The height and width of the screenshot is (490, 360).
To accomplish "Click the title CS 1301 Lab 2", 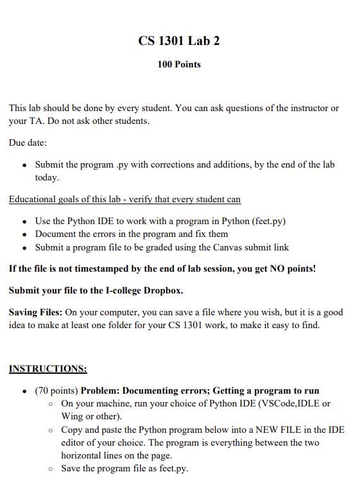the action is pyautogui.click(x=179, y=41).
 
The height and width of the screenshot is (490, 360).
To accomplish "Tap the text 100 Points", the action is pyautogui.click(x=179, y=64).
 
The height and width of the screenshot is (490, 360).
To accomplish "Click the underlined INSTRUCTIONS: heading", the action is pyautogui.click(x=48, y=369).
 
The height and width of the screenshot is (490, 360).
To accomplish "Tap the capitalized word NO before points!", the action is pyautogui.click(x=264, y=268).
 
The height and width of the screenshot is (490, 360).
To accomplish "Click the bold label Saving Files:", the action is pyautogui.click(x=35, y=312).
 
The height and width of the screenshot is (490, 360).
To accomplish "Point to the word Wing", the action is pyautogui.click(x=72, y=416).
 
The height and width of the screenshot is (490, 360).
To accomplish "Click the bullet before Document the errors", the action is pyautogui.click(x=24, y=234).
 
